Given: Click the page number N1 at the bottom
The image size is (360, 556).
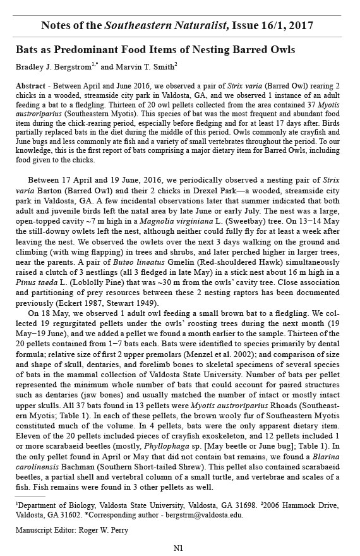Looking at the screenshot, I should pyautogui.click(x=178, y=547).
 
